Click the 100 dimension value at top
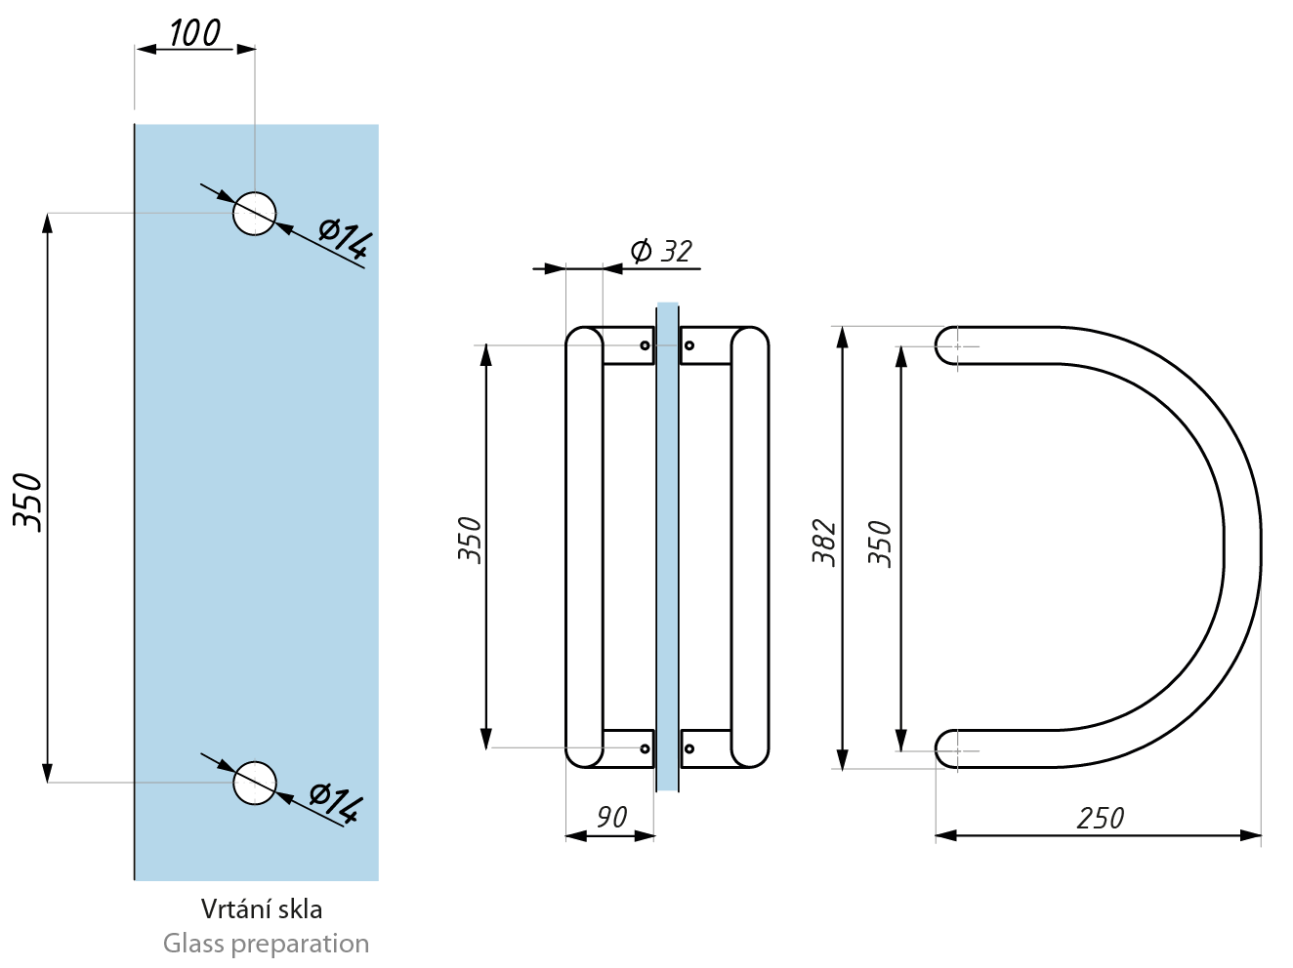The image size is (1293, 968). coord(195,33)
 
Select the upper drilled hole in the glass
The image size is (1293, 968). coord(255,214)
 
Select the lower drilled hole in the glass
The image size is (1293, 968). coord(255,783)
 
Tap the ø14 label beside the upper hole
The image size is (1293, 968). coord(345,239)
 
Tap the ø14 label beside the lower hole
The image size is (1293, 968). coord(336,804)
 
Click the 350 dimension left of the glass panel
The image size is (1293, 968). coord(28,503)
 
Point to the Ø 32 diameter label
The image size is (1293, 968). coord(661,251)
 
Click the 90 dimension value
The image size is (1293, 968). coord(611,818)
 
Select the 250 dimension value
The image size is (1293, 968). coord(1101,819)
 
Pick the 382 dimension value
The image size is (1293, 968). coord(824,543)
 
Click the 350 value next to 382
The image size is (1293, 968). coord(880,544)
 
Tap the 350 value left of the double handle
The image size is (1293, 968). coord(470,541)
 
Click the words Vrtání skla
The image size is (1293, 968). coord(262,909)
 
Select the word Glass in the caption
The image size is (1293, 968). coord(193,944)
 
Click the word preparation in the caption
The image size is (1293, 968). coord(300,945)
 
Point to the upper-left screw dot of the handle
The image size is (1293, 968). coord(645,345)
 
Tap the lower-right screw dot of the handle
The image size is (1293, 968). coord(689,748)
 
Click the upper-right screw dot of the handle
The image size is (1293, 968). coord(689,345)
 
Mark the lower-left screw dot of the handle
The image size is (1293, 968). coord(645,748)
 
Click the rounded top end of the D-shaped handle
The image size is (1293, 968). coord(946,345)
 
